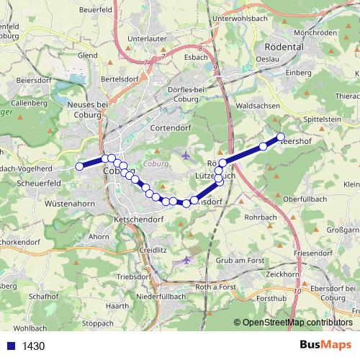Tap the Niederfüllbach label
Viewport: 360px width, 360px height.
pyautogui.click(x=161, y=296)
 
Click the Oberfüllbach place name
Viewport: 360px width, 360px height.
pyautogui.click(x=305, y=198)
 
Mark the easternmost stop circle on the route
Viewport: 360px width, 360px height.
pyautogui.click(x=281, y=137)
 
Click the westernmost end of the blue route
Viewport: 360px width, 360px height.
pyautogui.click(x=80, y=166)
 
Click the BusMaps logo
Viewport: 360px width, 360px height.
pyautogui.click(x=325, y=346)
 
